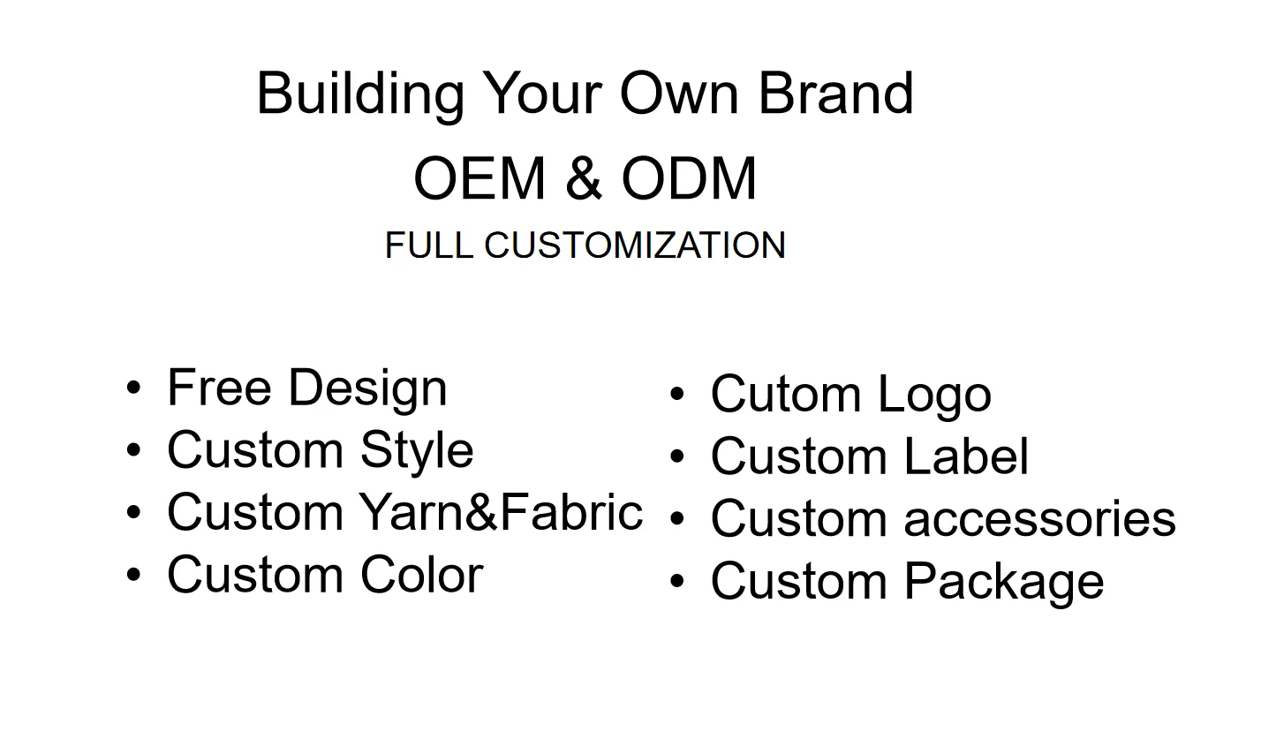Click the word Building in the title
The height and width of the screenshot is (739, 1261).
[x=360, y=95]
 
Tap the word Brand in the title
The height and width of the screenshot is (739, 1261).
[x=836, y=93]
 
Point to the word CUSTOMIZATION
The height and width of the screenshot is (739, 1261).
[x=634, y=245]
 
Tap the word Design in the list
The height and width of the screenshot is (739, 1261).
[x=368, y=389]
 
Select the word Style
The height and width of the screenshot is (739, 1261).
[x=417, y=452]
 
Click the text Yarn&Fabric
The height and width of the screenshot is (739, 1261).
[x=502, y=511]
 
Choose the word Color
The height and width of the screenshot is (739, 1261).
[x=422, y=575]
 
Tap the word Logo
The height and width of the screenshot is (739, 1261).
[x=934, y=396]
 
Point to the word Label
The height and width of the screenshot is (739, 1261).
[x=967, y=456]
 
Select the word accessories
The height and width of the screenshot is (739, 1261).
[x=1040, y=519]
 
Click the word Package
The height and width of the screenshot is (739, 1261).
[x=1004, y=583]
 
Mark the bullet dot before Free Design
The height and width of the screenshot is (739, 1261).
[x=133, y=388]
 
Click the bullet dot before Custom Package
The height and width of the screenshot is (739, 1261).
[x=677, y=581]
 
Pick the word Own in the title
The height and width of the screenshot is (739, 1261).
[x=679, y=94]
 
